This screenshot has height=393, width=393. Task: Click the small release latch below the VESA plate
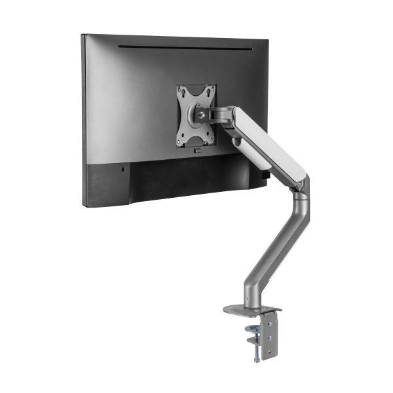196,151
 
